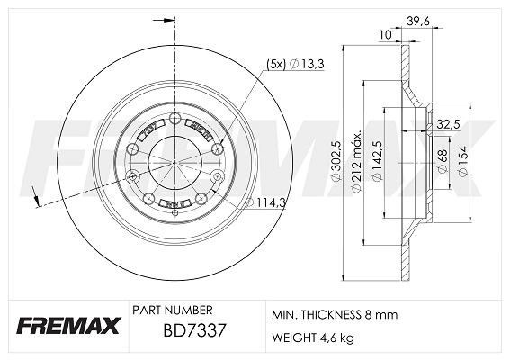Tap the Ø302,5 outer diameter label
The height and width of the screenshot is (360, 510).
(335, 165)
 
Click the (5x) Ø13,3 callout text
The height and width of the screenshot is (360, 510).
(289, 63)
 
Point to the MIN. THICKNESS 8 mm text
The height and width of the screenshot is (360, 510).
(333, 315)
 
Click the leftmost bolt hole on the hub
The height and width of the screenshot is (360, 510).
(133, 175)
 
